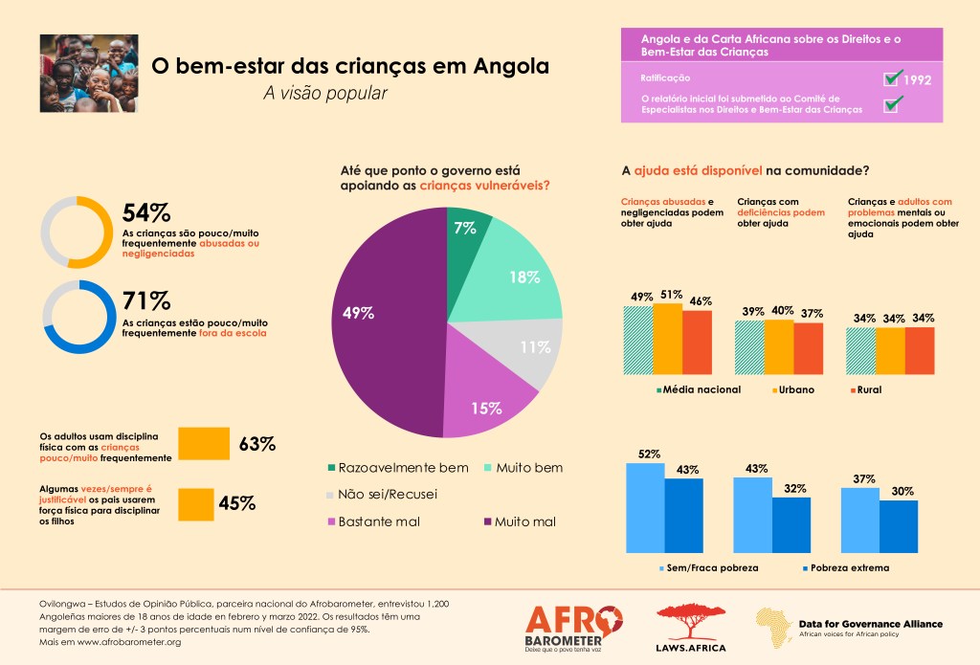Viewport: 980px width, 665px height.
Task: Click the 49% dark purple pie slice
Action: tap(383, 316)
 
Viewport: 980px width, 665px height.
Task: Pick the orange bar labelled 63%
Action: tap(204, 443)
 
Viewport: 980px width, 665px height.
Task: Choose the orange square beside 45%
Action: tap(196, 503)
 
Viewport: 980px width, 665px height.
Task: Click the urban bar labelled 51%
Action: tap(668, 340)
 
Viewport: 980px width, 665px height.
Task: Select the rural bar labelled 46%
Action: tap(698, 344)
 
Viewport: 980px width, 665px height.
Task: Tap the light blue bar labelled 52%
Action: tap(645, 508)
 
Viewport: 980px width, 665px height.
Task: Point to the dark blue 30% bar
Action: tap(899, 525)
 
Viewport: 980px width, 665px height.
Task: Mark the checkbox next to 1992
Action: tap(894, 78)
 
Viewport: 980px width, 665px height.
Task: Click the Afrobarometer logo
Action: tap(574, 626)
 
